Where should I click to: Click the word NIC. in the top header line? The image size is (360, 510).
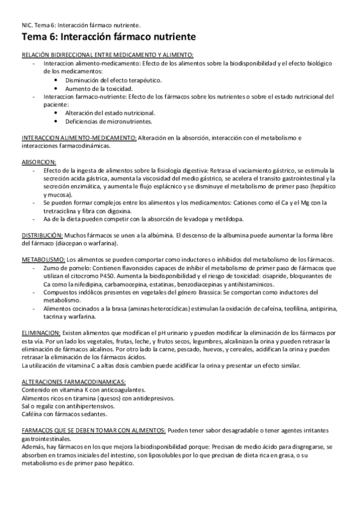tap(27, 25)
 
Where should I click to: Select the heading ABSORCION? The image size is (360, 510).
tap(38, 162)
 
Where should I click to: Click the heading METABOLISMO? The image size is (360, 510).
tap(41, 259)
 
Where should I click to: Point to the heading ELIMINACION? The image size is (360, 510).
tap(40, 333)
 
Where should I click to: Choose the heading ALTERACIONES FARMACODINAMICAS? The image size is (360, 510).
tap(73, 382)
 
